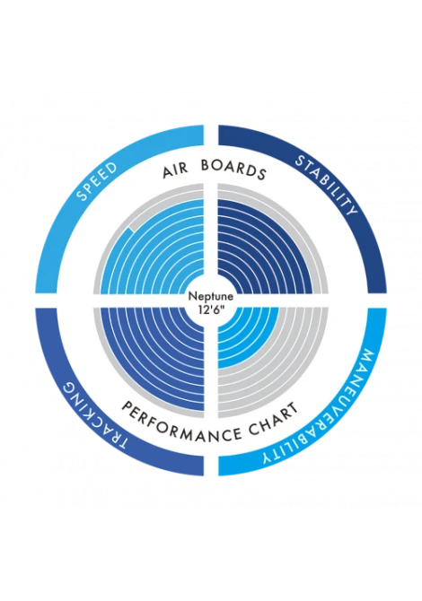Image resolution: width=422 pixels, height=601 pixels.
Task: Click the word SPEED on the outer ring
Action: tap(97, 181)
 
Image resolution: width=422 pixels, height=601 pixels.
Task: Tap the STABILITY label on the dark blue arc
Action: tap(326, 185)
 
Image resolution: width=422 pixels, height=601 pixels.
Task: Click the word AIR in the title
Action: tap(175, 171)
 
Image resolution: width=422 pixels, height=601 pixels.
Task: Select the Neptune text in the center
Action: tap(211, 297)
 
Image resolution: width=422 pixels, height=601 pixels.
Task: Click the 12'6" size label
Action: tap(211, 308)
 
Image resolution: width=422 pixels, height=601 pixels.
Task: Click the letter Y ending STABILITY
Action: tap(351, 209)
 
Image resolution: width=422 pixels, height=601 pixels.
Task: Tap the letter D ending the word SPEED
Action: tap(111, 168)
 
